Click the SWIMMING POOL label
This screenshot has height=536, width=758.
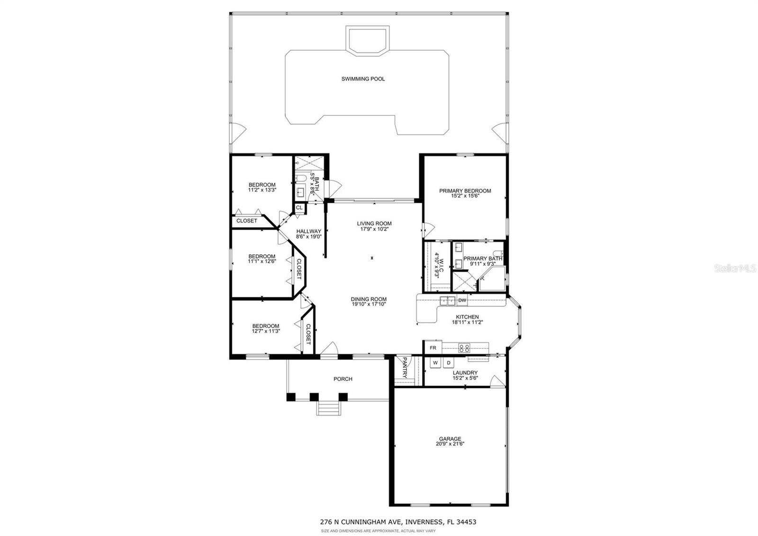(x=363, y=79)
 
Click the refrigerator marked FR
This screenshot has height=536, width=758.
(x=433, y=348)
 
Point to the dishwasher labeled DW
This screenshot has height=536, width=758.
(x=462, y=300)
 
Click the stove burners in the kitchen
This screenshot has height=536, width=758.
(x=464, y=348)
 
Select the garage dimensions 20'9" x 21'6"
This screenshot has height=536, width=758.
(x=450, y=444)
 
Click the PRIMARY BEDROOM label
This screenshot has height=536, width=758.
(x=465, y=191)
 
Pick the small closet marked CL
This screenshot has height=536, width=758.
(x=299, y=208)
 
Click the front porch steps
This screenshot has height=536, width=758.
(x=328, y=408)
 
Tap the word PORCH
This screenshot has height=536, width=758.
(x=343, y=379)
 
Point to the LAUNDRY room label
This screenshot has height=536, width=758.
(x=465, y=373)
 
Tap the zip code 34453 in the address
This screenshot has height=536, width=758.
(x=466, y=522)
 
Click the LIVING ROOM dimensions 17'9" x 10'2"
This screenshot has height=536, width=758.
(x=374, y=229)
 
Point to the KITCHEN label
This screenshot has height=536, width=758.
(x=467, y=317)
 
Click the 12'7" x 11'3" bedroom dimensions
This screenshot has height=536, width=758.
(x=266, y=331)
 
